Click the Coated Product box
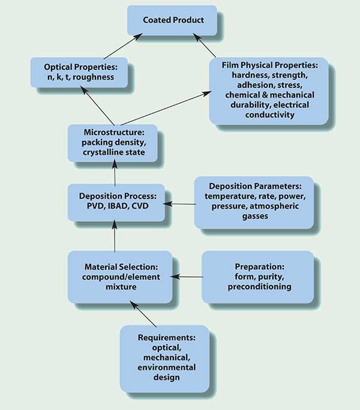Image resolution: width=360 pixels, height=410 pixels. [x=172, y=20]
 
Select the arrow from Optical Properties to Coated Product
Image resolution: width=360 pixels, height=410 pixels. [x=123, y=46]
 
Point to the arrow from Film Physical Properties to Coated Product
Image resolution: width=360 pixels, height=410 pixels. [x=205, y=45]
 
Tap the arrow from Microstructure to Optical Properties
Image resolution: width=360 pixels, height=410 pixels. [x=97, y=106]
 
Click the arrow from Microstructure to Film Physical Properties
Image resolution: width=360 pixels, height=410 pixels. [x=166, y=108]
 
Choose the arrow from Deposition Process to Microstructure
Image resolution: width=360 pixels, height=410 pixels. [x=115, y=173]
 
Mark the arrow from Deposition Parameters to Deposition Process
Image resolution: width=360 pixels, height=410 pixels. [x=179, y=204]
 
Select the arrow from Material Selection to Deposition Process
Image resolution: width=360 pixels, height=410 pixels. [x=115, y=236]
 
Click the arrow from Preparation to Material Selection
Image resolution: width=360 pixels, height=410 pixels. [x=187, y=276]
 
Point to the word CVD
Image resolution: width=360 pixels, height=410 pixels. [x=140, y=206]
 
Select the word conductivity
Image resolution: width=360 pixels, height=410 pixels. [x=269, y=115]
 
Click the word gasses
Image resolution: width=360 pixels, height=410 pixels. [x=255, y=216]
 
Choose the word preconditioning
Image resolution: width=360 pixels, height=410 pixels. [x=259, y=287]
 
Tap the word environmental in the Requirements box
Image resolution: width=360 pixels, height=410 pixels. [x=167, y=367]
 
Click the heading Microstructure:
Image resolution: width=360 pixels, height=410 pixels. [x=114, y=132]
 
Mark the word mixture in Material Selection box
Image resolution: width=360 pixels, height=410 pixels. [x=121, y=287]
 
